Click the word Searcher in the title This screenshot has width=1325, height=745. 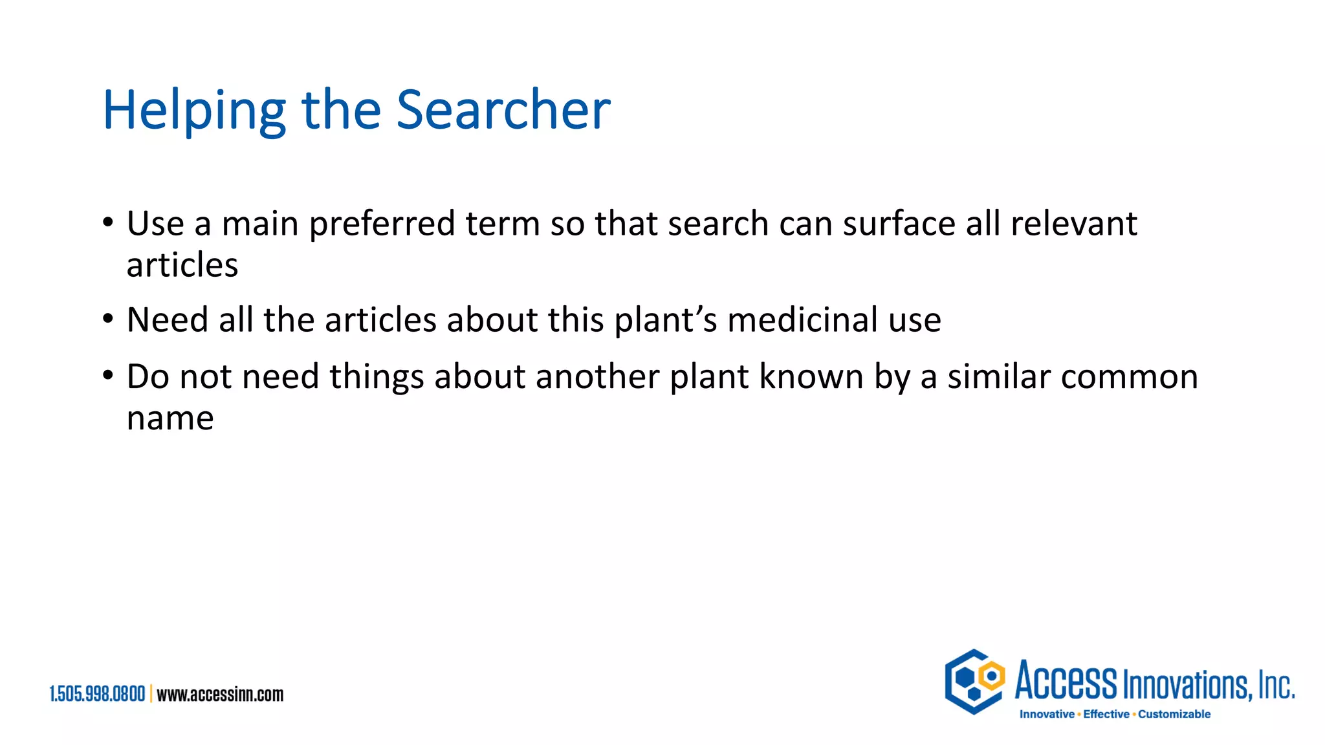503,110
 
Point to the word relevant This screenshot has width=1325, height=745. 1073,224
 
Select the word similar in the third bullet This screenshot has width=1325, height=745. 998,376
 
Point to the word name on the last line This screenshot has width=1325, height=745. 170,418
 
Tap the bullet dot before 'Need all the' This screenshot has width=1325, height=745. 108,319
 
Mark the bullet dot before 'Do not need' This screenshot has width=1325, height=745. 108,376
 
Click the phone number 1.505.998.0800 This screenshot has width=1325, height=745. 97,694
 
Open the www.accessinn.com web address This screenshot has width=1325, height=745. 220,694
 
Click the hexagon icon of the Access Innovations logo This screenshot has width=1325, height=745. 974,682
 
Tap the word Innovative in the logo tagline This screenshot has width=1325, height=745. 1046,714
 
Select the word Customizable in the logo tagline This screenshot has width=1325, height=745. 1174,714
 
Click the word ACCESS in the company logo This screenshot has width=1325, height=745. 1066,682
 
